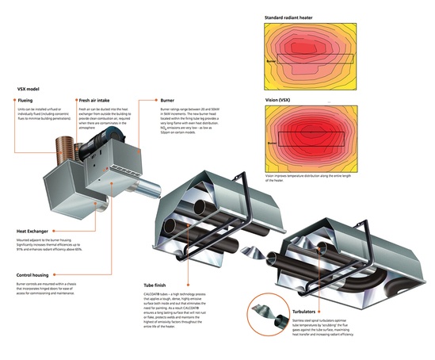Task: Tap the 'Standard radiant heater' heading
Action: click(288, 15)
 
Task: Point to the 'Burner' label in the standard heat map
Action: click(272, 59)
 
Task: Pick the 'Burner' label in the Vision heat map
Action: click(272, 143)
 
